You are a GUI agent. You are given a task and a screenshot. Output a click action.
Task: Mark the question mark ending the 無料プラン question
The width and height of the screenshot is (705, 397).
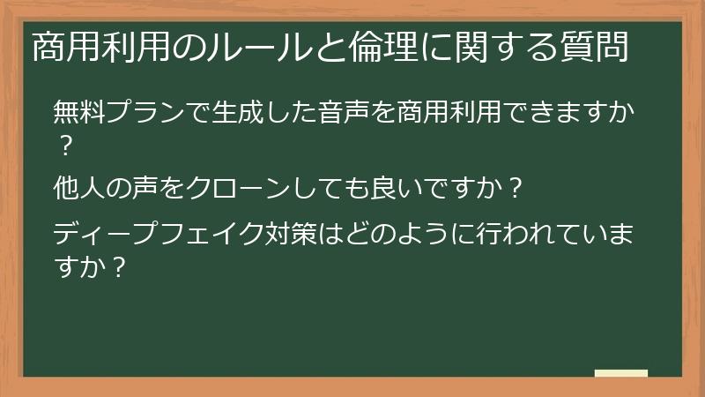point(63,140)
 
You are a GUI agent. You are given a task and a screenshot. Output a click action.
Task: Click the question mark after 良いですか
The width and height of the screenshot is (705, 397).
point(516,187)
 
